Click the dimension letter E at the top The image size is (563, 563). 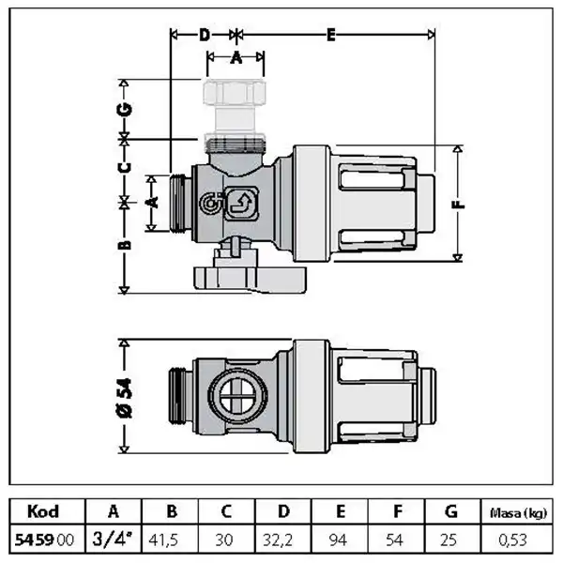tap(331, 36)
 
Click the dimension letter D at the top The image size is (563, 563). tap(204, 36)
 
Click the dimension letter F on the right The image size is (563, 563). tap(459, 203)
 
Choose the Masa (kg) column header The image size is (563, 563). tap(515, 512)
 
